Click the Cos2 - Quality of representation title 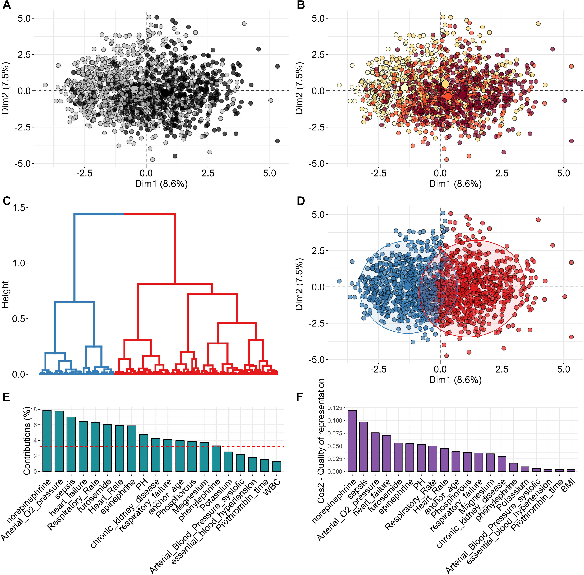point(321,441)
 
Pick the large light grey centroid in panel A point(135,89)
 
